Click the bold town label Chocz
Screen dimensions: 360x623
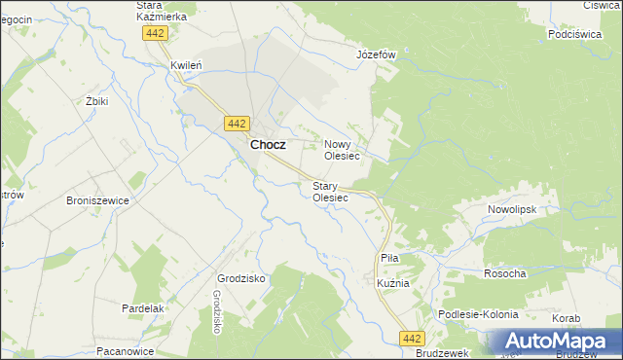coord(268,144)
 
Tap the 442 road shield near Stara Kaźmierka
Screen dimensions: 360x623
coord(155,33)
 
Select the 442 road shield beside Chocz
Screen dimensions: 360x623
coord(237,123)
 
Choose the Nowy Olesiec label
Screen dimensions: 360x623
coord(342,150)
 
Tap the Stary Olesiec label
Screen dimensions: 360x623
coord(329,191)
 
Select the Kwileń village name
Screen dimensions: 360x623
coord(185,65)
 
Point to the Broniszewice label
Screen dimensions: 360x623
coord(97,200)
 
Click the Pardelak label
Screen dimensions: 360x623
coord(142,307)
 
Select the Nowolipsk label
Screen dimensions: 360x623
coord(511,209)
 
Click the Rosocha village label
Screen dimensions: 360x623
coord(504,274)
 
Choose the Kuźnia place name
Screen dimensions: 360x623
coord(392,283)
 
